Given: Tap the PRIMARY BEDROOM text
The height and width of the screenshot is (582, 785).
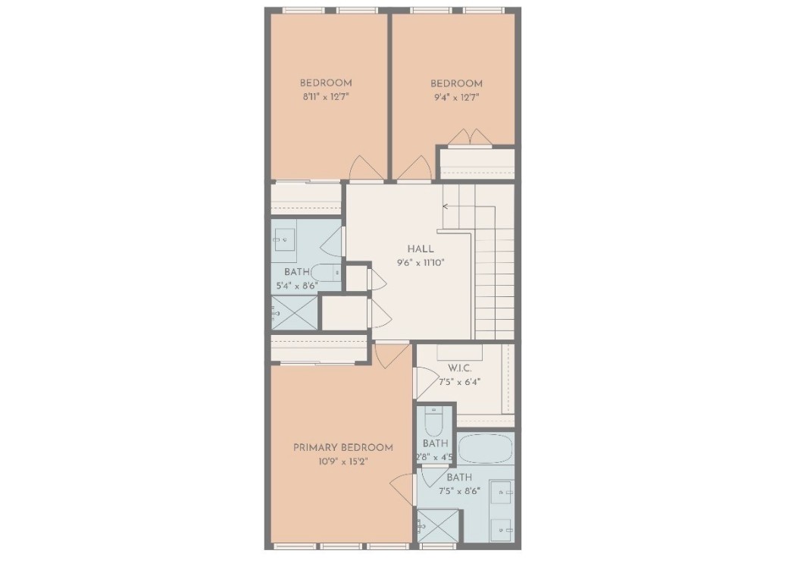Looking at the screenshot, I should point(343,448).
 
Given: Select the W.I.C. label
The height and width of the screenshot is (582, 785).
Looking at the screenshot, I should point(459,368).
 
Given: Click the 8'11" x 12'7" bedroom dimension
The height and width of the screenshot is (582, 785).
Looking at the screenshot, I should point(325,97).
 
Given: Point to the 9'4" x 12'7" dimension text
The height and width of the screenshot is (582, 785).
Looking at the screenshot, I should point(456,97).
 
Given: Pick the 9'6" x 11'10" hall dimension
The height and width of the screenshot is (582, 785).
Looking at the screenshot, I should point(420,263).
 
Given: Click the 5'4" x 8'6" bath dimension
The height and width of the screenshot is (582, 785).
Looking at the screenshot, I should point(297,286).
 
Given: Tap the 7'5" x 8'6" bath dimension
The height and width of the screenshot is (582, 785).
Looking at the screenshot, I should point(459,491).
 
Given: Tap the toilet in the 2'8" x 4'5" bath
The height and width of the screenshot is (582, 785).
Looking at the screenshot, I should point(433,421).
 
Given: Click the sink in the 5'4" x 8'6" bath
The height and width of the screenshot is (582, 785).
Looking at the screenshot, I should point(285,239).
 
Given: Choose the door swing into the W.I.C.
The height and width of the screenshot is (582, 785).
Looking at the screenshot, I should point(424,381).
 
